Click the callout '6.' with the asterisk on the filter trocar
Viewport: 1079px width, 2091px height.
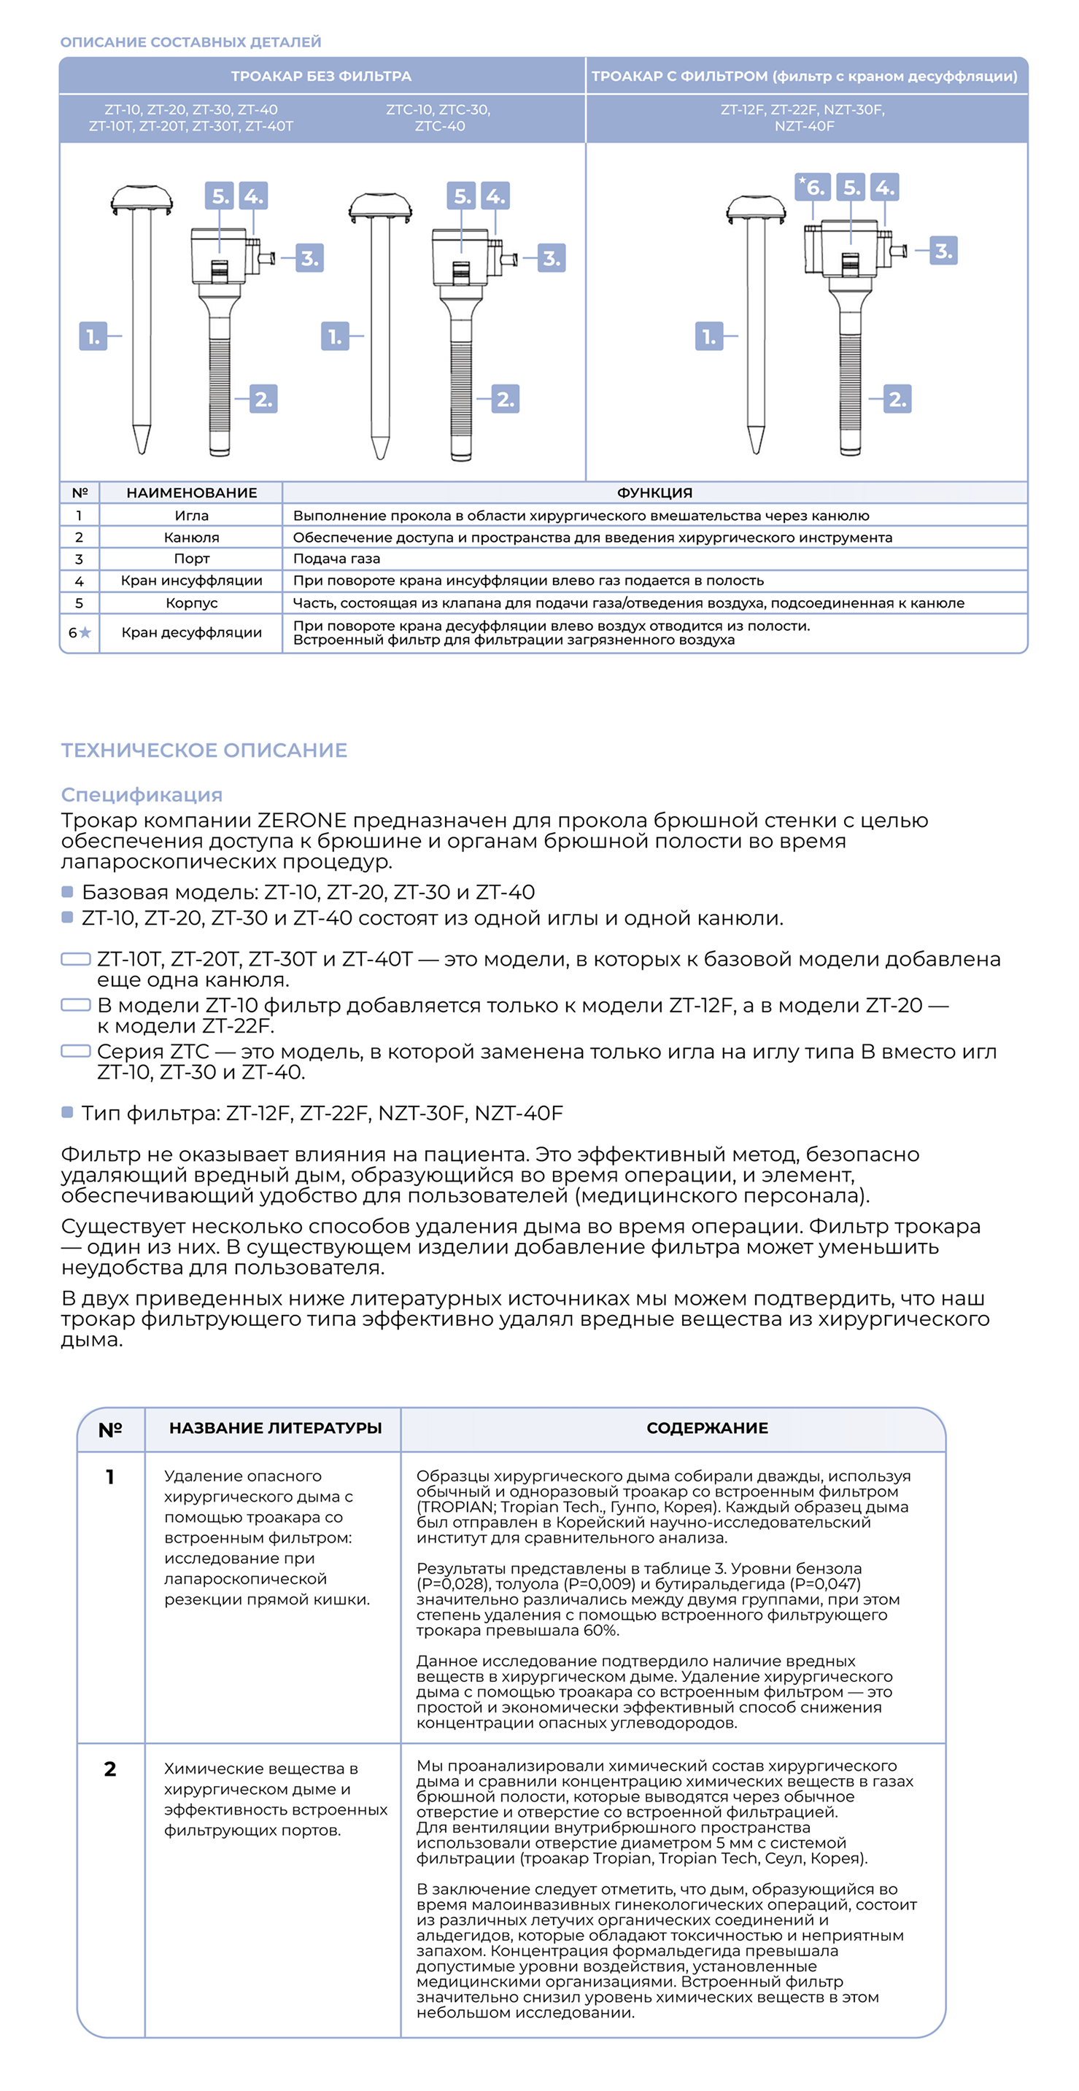(813, 187)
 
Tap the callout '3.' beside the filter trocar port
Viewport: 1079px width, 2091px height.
(943, 251)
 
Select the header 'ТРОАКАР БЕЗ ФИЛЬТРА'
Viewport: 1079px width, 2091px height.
(321, 77)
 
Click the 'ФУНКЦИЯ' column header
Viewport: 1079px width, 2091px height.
(654, 493)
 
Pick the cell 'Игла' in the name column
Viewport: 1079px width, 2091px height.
(192, 516)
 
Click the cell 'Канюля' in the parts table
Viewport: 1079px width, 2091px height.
(192, 538)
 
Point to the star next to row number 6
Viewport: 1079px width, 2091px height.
(85, 632)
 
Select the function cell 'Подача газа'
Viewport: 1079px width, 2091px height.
(336, 559)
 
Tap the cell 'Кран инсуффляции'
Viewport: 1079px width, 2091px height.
(192, 581)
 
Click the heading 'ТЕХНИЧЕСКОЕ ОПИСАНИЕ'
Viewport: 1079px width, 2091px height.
(204, 750)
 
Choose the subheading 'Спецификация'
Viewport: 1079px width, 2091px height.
(142, 795)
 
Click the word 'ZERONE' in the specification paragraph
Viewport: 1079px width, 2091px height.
(302, 820)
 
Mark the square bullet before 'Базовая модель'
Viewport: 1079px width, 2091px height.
(67, 891)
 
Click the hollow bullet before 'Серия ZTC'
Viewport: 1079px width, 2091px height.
(75, 1051)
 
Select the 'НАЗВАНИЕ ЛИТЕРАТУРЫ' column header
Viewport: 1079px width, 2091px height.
(275, 1428)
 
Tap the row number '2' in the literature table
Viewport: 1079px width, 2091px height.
(110, 1769)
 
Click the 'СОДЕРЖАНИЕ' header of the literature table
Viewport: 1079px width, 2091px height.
(706, 1428)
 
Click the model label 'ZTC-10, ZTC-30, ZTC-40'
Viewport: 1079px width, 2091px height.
(438, 117)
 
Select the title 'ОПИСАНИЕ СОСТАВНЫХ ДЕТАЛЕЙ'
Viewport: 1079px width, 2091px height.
(191, 42)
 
